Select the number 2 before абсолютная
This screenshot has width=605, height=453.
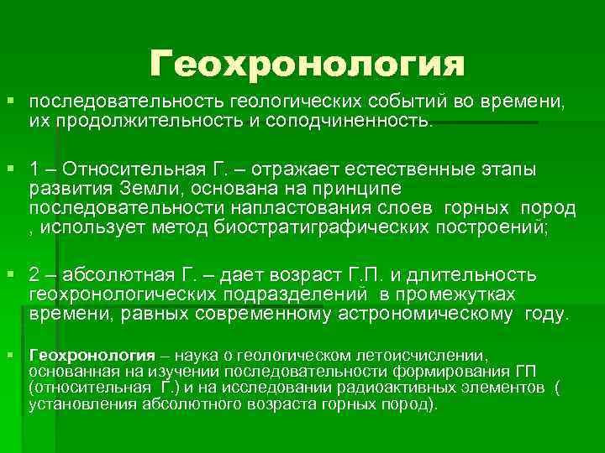[x=34, y=276]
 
